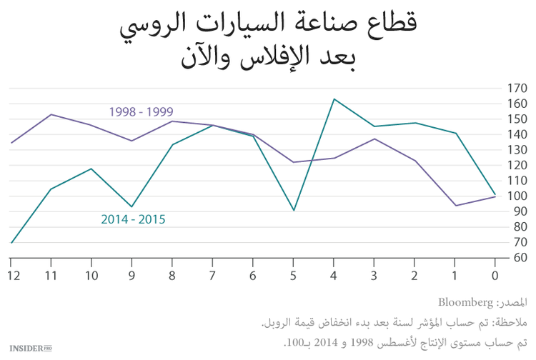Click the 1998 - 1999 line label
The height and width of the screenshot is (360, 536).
point(141,111)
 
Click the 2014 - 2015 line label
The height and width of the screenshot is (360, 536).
point(132,219)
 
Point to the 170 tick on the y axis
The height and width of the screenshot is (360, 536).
point(516,89)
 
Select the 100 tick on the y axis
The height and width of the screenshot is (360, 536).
point(516,196)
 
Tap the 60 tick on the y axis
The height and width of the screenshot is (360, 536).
point(516,258)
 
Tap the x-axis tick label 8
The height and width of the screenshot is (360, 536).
point(173,276)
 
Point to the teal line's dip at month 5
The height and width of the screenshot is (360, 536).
point(294,211)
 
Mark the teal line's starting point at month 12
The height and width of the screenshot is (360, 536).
point(11,243)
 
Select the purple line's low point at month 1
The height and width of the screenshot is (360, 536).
point(455,206)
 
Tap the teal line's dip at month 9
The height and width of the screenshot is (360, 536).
point(132,207)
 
